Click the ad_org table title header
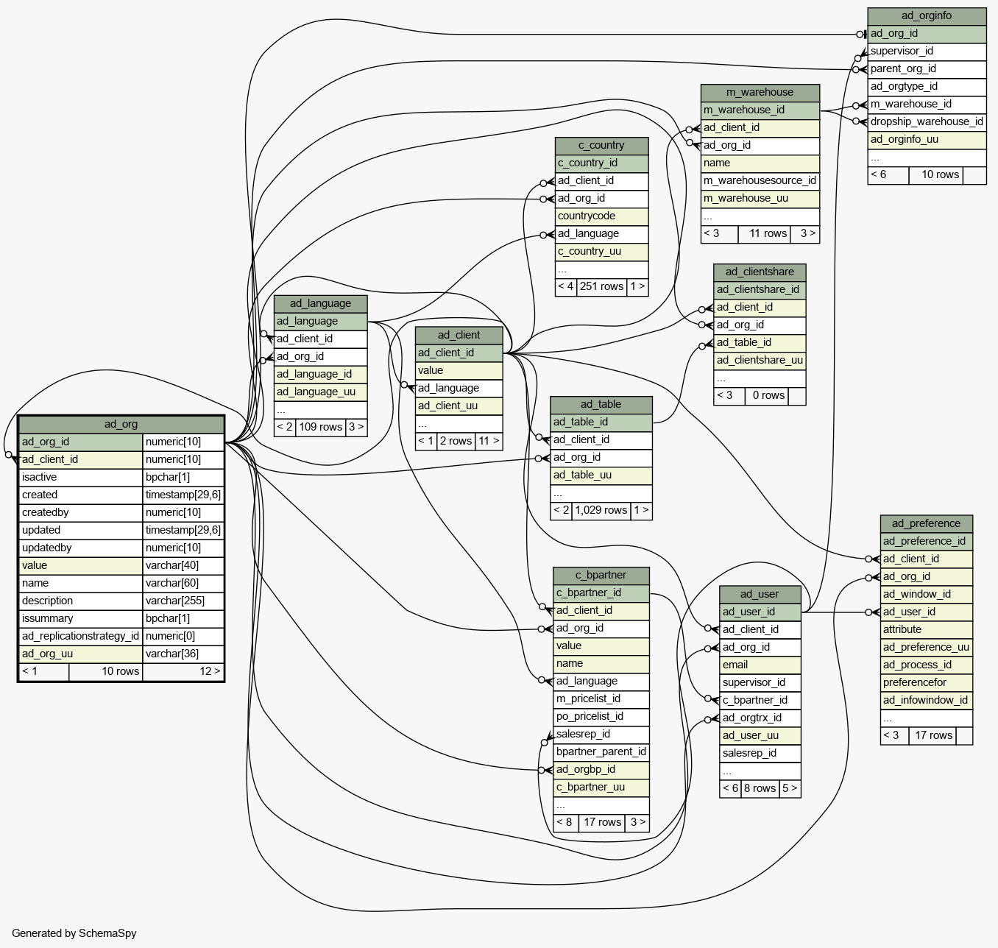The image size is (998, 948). [121, 424]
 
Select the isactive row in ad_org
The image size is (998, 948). [81, 477]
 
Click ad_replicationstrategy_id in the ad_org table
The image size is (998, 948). [81, 636]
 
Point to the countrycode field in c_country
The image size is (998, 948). [601, 216]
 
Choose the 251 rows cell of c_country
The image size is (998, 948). [601, 286]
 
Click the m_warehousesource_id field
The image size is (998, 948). [760, 181]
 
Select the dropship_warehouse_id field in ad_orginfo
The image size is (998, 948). [927, 122]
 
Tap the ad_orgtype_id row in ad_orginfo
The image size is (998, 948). [927, 86]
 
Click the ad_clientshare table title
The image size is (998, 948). [760, 272]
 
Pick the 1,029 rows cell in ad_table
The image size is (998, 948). [601, 510]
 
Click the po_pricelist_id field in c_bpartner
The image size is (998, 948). [601, 716]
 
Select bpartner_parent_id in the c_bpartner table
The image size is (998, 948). [601, 752]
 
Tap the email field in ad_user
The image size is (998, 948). [760, 665]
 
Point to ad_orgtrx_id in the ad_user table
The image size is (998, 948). [760, 718]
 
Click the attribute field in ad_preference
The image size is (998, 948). [927, 629]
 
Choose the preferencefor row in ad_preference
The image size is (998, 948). [927, 682]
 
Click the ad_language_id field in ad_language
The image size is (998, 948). [320, 375]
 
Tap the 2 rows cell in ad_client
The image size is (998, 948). [456, 442]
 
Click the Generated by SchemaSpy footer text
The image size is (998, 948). [74, 933]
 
